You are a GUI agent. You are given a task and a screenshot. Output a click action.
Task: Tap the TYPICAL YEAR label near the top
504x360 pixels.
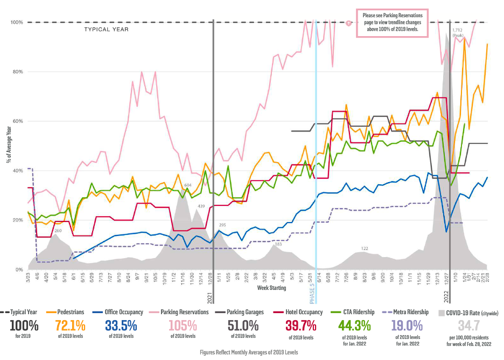(106, 29)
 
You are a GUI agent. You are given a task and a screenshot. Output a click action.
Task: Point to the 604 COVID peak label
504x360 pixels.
(188, 185)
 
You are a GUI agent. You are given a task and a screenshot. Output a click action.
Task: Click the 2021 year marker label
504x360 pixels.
(211, 297)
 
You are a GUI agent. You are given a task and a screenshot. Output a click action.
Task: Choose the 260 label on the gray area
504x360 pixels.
(58, 231)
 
